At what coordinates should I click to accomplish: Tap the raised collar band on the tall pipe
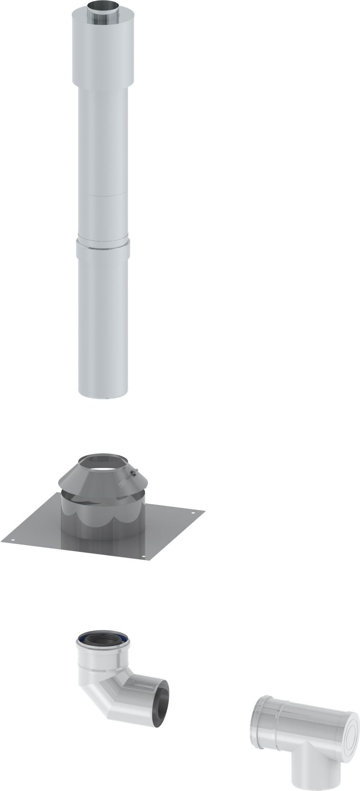[103, 249]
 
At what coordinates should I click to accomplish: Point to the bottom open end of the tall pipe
[103, 397]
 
